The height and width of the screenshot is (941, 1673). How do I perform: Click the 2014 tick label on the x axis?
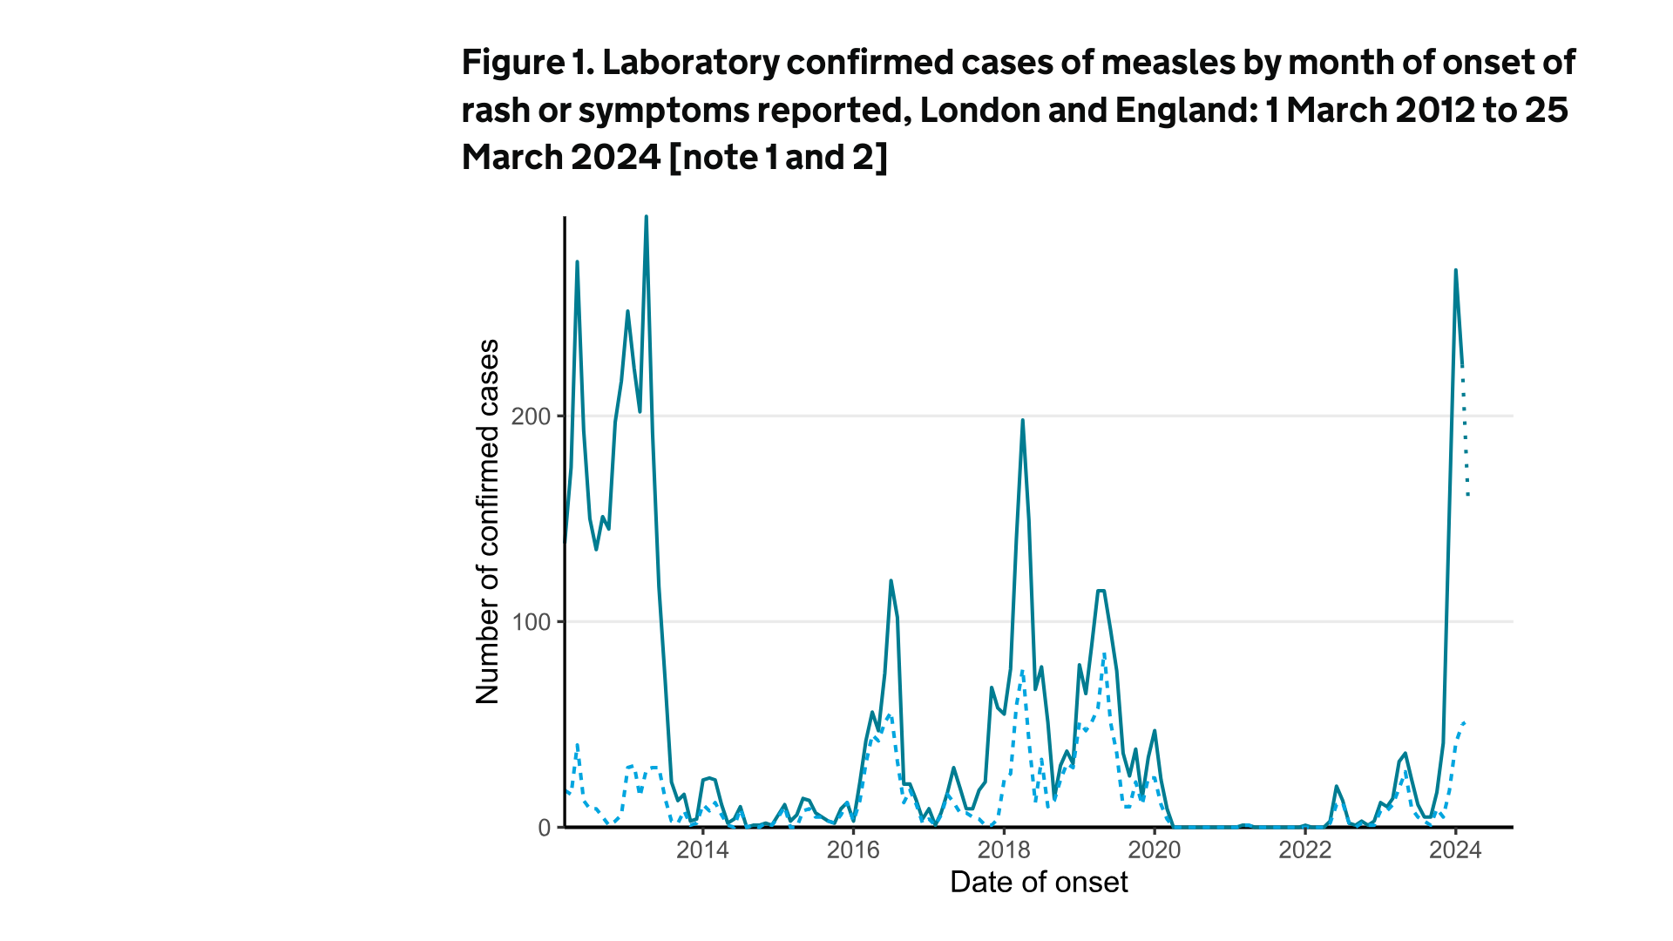tap(702, 850)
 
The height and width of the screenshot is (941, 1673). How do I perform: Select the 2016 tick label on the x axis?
tap(853, 850)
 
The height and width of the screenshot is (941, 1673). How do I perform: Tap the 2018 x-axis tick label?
tap(1004, 850)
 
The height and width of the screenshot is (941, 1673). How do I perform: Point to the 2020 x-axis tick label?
tap(1155, 850)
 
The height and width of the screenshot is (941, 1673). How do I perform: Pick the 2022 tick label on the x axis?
tap(1305, 850)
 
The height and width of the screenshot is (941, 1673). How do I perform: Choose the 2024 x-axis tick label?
tap(1455, 850)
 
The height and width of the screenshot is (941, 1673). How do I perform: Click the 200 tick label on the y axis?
tap(532, 416)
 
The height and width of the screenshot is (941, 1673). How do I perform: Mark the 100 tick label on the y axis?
tap(532, 622)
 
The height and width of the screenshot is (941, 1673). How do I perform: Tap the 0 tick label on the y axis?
tap(545, 828)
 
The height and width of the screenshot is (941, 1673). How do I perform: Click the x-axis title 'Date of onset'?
tap(1039, 883)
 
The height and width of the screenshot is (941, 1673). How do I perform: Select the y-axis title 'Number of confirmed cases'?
tap(488, 522)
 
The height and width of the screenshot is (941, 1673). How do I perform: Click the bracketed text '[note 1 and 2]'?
tap(778, 158)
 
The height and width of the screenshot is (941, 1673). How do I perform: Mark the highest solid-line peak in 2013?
tap(646, 217)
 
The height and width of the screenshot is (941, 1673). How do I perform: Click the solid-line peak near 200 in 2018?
tap(1022, 421)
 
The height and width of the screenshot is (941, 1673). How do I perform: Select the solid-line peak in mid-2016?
tap(891, 581)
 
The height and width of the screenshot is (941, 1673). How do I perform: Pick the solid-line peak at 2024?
tap(1455, 271)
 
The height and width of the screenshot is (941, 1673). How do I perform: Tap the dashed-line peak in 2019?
tap(1104, 653)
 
